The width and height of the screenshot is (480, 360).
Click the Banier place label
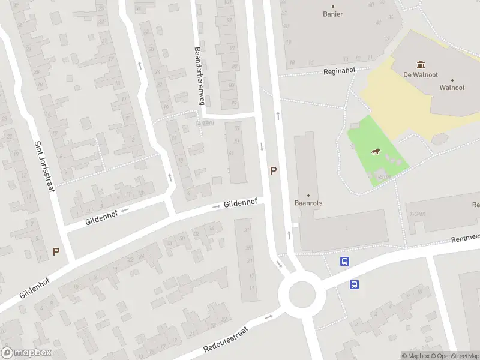click(x=333, y=14)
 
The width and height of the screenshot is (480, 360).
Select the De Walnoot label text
click(x=419, y=76)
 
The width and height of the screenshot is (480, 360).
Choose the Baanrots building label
click(x=308, y=203)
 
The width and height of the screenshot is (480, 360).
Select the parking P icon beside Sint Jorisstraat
click(x=56, y=252)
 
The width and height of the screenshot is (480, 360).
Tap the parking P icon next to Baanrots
click(x=273, y=171)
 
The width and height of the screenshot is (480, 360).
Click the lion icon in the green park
click(x=376, y=151)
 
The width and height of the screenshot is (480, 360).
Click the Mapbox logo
click(x=26, y=353)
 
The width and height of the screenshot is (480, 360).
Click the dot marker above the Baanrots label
click(x=308, y=196)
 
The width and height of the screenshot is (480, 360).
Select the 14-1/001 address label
click(x=205, y=124)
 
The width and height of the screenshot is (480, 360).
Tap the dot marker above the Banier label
click(x=333, y=5)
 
